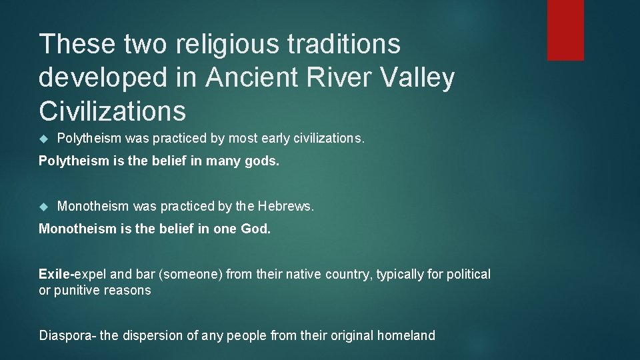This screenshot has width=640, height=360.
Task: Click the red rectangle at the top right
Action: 565,30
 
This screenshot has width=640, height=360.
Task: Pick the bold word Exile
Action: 55,274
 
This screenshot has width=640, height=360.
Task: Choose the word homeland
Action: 406,335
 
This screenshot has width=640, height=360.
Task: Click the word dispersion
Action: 156,335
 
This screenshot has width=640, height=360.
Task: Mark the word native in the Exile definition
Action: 304,274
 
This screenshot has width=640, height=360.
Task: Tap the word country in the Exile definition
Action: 348,274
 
